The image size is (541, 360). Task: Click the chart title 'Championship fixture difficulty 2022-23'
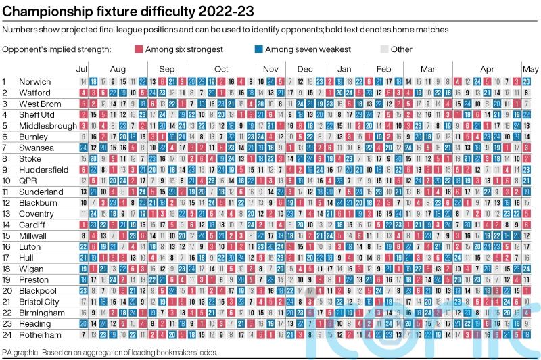tap(128, 10)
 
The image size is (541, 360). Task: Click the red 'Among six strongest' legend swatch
tap(139, 49)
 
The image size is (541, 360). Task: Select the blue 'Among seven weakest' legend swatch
tap(259, 49)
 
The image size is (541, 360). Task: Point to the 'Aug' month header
tap(117, 69)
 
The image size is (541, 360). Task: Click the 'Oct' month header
tap(221, 69)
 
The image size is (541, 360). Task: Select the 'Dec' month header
tap(304, 69)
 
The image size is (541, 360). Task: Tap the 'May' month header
tap(530, 69)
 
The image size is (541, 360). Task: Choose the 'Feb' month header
tap(383, 69)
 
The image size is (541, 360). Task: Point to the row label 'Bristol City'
tap(39, 302)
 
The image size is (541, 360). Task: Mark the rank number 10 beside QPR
tap(6, 181)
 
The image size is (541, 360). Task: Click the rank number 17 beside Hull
tap(6, 258)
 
